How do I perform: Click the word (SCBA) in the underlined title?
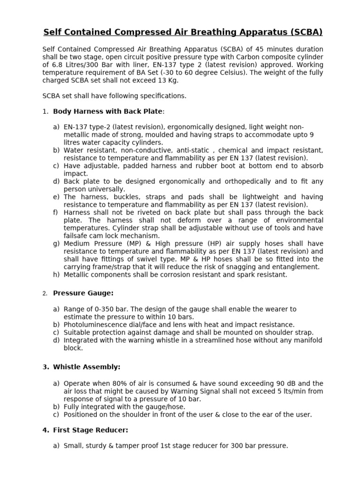306,32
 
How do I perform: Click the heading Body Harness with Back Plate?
108,111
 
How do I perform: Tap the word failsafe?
76,235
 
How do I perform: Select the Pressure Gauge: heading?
83,293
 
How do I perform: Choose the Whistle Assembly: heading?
86,367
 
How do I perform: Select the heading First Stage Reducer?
90,430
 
